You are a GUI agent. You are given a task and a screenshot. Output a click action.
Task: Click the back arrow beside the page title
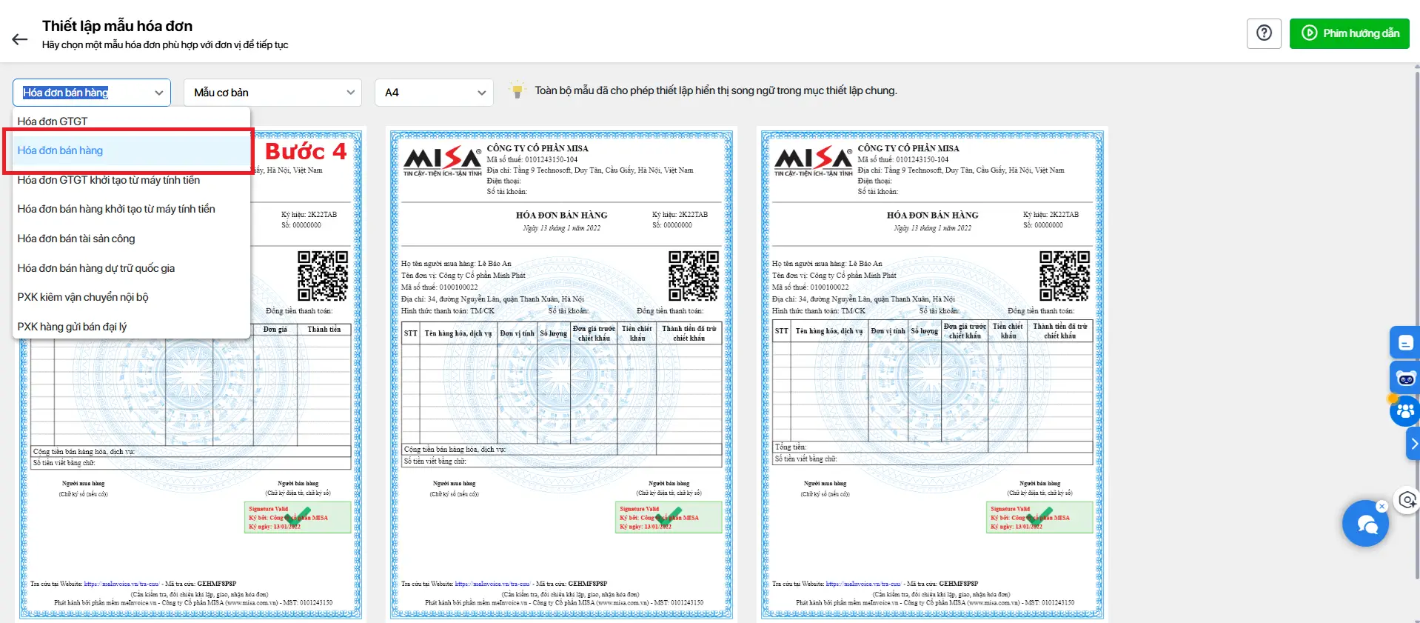[x=20, y=39]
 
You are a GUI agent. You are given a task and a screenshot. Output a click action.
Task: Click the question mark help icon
[x=1264, y=33]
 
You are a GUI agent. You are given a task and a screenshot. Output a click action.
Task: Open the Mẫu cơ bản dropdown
[x=272, y=93]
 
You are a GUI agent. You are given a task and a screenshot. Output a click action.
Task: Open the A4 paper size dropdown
[x=434, y=93]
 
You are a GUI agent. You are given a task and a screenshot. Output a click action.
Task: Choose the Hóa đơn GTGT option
[x=53, y=121]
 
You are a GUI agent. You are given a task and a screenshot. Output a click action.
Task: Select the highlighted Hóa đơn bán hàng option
[x=61, y=150]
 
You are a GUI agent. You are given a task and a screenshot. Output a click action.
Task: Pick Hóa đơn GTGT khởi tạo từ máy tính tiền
[x=109, y=180]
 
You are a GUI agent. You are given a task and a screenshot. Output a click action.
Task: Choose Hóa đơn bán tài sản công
[x=76, y=239]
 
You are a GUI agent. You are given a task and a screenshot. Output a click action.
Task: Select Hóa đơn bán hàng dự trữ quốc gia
[x=96, y=268]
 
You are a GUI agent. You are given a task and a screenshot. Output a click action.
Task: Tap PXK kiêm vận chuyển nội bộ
[x=83, y=297]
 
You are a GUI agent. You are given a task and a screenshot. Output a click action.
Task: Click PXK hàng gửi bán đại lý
[x=73, y=327]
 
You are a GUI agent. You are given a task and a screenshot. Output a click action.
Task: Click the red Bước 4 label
[x=306, y=152]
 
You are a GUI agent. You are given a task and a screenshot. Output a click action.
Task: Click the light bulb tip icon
[x=517, y=90]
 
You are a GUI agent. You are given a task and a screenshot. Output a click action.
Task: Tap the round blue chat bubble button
[x=1365, y=524]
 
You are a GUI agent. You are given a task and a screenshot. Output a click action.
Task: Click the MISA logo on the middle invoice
[x=442, y=161]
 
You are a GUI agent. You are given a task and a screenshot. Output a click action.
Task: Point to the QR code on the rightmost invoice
[x=1065, y=276]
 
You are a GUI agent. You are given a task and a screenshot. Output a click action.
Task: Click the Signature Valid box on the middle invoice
[x=669, y=518]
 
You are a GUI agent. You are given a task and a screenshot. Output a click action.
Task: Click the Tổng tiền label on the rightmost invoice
[x=791, y=447]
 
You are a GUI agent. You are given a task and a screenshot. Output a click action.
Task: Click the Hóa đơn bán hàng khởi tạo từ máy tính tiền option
[x=116, y=209]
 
